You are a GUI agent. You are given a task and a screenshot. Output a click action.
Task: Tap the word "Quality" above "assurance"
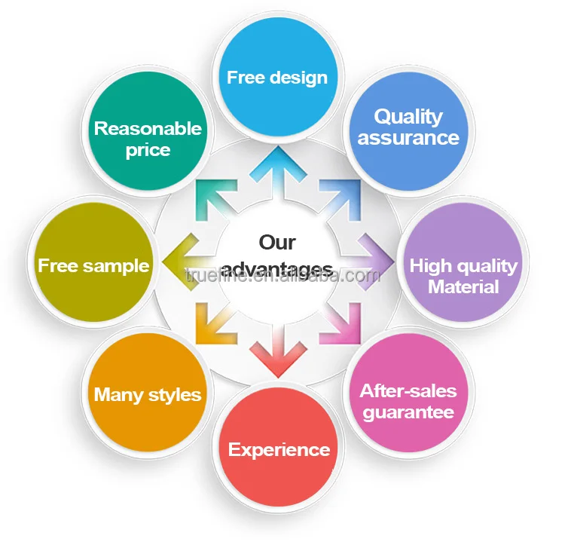(x=408, y=117)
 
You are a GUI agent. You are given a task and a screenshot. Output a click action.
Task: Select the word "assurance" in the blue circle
(x=408, y=138)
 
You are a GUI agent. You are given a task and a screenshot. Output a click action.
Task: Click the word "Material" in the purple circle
(x=463, y=287)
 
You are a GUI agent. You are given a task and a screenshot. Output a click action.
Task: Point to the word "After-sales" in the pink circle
(x=408, y=391)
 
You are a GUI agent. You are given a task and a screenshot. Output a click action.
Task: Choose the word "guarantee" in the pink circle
(x=408, y=412)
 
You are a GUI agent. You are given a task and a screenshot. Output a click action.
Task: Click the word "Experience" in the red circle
(x=279, y=450)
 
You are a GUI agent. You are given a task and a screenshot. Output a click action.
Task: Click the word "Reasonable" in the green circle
(x=148, y=128)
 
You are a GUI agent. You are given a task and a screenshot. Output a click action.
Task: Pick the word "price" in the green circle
(x=148, y=149)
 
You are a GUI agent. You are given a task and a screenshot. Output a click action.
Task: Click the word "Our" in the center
(x=277, y=242)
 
